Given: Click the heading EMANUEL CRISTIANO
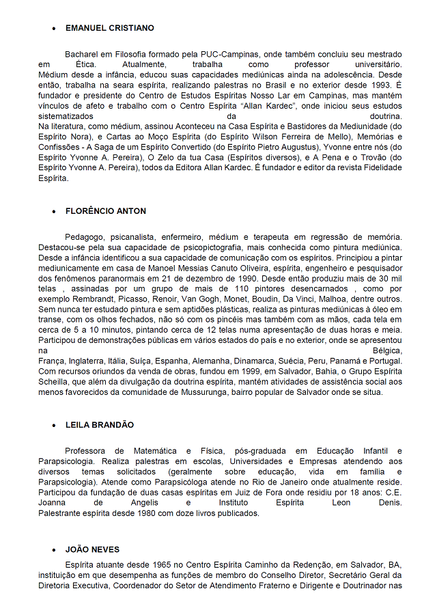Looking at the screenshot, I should (109, 28).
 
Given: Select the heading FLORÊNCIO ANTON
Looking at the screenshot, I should (106, 211).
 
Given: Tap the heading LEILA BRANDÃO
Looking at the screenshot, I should (100, 424).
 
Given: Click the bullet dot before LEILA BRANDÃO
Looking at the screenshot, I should (54, 425).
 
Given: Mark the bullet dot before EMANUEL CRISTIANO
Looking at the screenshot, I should (54, 29).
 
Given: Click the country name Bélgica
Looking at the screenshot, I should (386, 350).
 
